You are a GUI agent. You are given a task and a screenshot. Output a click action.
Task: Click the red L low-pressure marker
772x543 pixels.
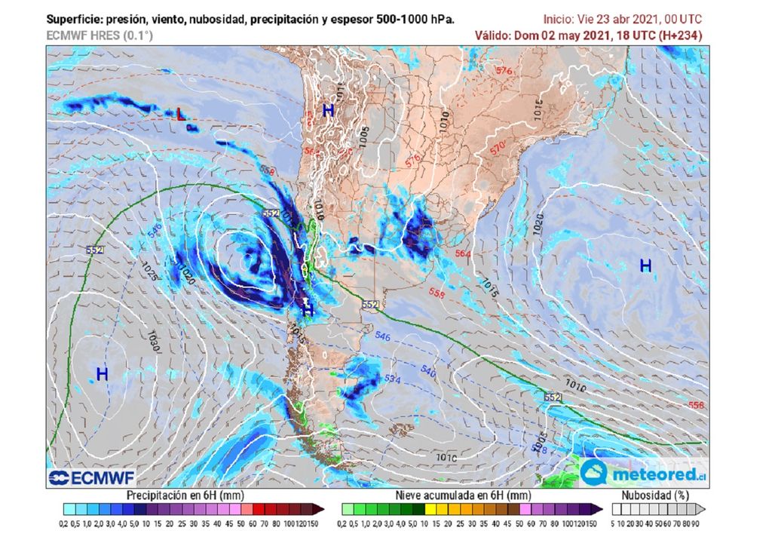[180, 115]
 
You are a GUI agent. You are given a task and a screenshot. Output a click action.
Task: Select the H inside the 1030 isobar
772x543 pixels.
[102, 373]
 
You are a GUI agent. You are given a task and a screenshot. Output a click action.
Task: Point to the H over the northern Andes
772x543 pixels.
[328, 110]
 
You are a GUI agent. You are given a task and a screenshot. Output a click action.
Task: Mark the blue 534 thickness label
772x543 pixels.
[392, 378]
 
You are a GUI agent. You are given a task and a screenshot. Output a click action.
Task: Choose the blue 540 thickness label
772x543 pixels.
[428, 371]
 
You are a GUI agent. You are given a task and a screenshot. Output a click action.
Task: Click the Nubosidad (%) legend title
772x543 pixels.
[654, 495]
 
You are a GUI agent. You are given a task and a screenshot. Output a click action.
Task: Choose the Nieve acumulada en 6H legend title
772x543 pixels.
[459, 495]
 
